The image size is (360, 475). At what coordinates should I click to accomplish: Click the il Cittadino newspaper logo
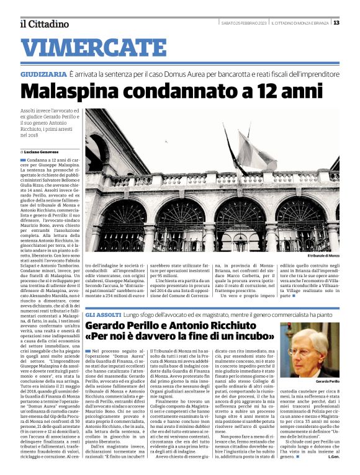click(44, 24)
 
